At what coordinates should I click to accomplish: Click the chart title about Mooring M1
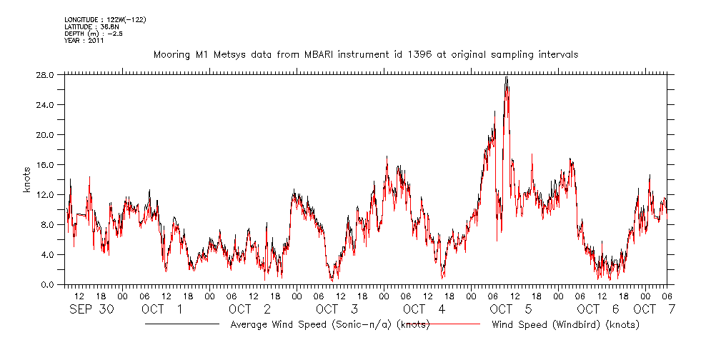tap(365, 54)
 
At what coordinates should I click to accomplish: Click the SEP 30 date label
tap(91, 309)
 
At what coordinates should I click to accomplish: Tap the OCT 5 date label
tap(511, 309)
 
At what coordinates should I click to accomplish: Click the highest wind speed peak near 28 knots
tap(507, 77)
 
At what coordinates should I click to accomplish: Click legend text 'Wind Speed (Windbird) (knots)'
tap(565, 325)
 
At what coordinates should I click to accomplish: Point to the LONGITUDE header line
tap(99, 19)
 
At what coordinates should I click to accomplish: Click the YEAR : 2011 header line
tap(84, 41)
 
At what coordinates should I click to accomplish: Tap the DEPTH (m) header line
tap(89, 34)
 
